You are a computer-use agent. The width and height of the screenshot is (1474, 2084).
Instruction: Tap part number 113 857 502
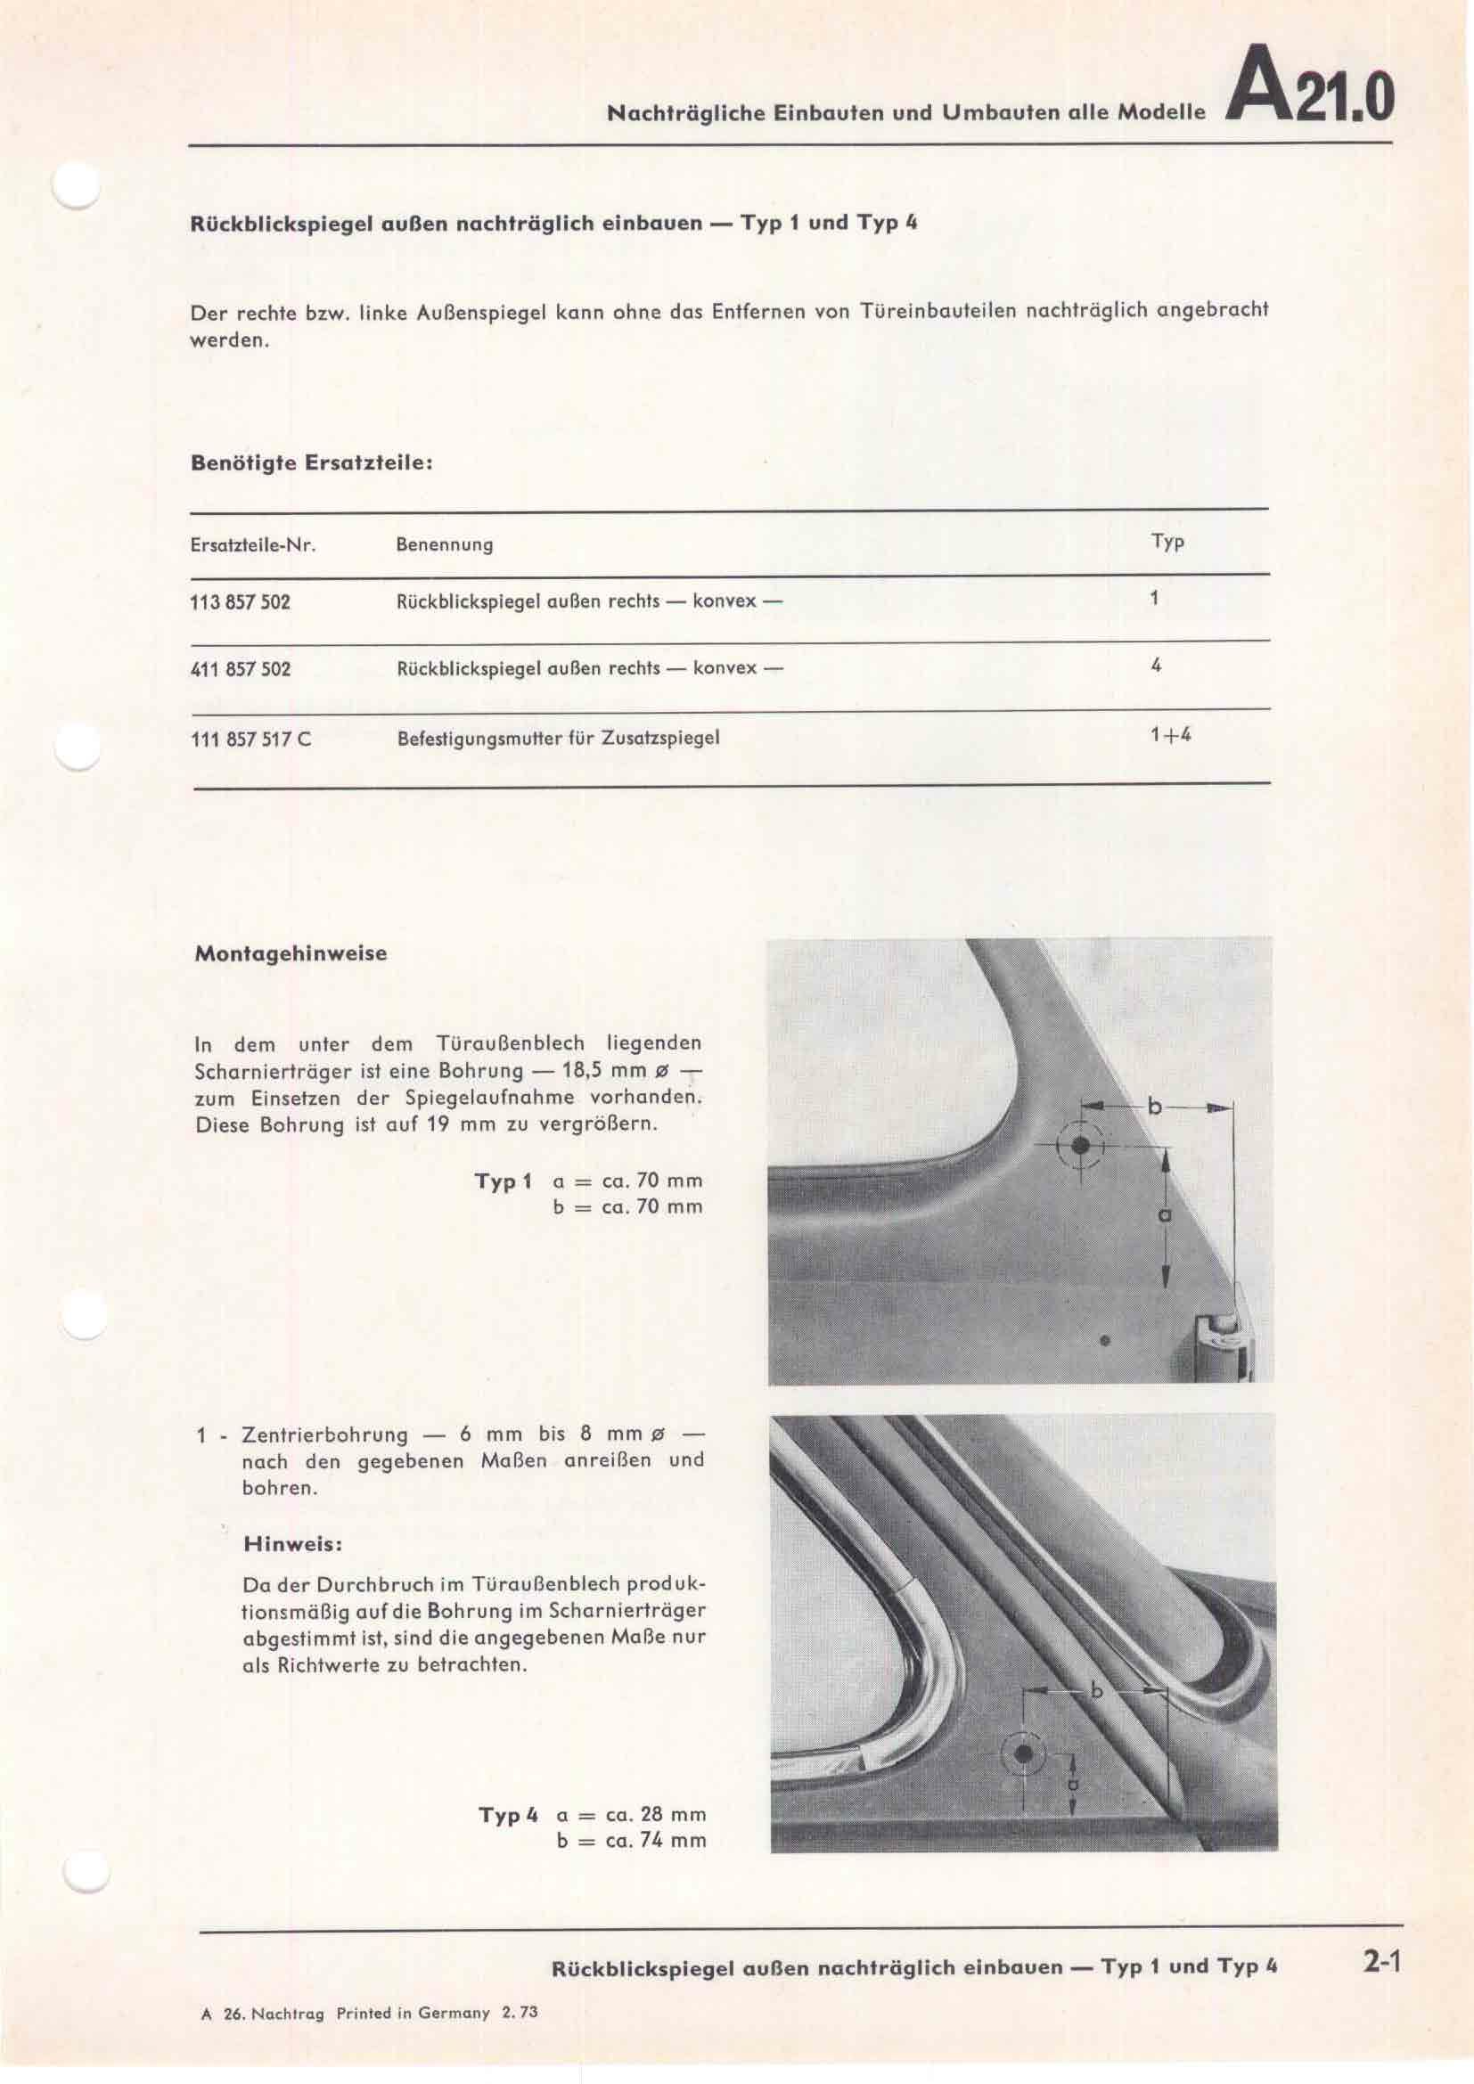[241, 601]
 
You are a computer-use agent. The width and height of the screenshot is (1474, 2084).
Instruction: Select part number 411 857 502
[241, 670]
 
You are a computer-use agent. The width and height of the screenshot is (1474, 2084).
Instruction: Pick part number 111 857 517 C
[250, 739]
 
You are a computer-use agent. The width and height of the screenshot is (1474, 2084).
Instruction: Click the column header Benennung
[444, 545]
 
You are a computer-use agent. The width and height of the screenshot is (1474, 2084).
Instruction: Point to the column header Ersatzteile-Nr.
[252, 545]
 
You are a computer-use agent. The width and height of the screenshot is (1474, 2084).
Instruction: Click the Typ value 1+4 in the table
[1170, 735]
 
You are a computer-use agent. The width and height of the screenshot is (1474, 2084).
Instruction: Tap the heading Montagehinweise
[291, 954]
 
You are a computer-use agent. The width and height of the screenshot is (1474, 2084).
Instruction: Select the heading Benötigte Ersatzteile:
[311, 463]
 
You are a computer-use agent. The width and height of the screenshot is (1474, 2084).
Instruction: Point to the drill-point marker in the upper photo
[1079, 1146]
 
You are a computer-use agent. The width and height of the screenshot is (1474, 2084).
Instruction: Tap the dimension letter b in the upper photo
[1154, 1107]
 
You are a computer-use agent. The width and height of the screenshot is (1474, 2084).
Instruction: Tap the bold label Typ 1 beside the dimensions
[503, 1181]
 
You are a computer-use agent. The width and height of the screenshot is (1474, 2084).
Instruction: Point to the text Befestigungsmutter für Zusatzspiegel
[558, 739]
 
